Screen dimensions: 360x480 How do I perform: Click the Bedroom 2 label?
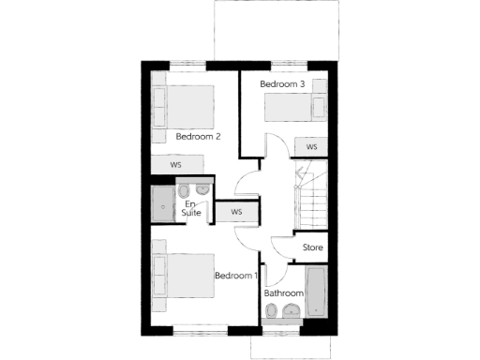pos(198,137)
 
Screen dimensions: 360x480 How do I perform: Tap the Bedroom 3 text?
pos(282,84)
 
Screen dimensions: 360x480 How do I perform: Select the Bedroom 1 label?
pos(235,276)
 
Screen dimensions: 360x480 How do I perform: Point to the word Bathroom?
pos(283,293)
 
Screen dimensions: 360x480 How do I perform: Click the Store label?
pos(313,248)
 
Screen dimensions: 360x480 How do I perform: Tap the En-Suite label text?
pos(191,208)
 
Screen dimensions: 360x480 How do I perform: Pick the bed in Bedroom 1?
pos(183,275)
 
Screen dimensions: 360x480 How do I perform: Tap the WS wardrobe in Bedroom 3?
pos(311,147)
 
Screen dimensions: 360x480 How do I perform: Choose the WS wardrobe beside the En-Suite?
pos(236,212)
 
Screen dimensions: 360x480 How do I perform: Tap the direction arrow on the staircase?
pos(300,173)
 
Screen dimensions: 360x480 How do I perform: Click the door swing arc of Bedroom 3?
pos(273,148)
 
